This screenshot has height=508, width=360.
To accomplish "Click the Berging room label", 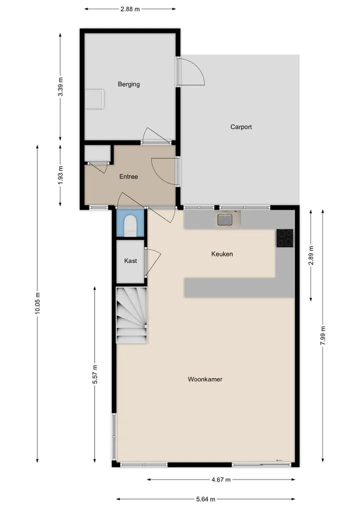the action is point(129,84).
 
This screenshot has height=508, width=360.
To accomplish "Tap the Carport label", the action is point(241,127).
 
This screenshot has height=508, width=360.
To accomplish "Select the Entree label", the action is point(128,176).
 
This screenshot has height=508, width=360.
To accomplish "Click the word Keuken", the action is point(222,254).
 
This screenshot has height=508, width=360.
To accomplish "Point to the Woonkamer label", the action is point(205,379).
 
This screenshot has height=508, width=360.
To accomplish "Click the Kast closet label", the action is point(130,261).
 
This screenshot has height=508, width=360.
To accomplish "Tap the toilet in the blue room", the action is point(130,225).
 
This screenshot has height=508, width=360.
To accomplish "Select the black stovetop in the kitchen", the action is point(285,238).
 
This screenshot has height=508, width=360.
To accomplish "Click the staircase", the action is point(131,315).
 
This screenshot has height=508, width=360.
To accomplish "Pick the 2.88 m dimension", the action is point(130,9).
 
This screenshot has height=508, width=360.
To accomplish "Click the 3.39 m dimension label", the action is point(60,87).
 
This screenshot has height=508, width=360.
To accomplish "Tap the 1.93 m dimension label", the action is point(60,175).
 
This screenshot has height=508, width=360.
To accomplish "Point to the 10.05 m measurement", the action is point(37,303).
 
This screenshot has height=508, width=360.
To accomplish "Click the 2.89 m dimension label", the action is point(311,255).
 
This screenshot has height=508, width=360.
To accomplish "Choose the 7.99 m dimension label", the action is point(322,336).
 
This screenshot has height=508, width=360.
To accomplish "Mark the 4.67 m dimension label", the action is point(221,480).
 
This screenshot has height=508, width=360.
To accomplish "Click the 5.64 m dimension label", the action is point(205,499).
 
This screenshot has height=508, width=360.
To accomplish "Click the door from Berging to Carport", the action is point(190,72).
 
